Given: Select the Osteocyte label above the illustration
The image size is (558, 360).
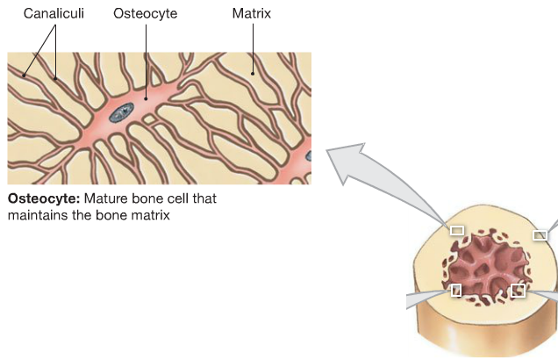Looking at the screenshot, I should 147,15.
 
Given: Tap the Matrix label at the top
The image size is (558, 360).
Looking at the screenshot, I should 252,15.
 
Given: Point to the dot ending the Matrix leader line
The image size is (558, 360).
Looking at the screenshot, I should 252,74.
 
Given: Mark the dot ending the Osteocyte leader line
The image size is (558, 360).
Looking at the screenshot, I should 147,97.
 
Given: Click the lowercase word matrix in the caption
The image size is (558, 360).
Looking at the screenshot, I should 147,214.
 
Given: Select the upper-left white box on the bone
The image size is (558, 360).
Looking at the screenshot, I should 456,230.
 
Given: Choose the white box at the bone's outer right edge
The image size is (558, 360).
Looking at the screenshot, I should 540,234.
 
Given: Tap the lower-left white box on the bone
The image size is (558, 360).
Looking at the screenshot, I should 455,290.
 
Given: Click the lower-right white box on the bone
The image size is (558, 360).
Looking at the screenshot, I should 518,290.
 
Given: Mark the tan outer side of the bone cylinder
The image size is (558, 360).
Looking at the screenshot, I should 474,338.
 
